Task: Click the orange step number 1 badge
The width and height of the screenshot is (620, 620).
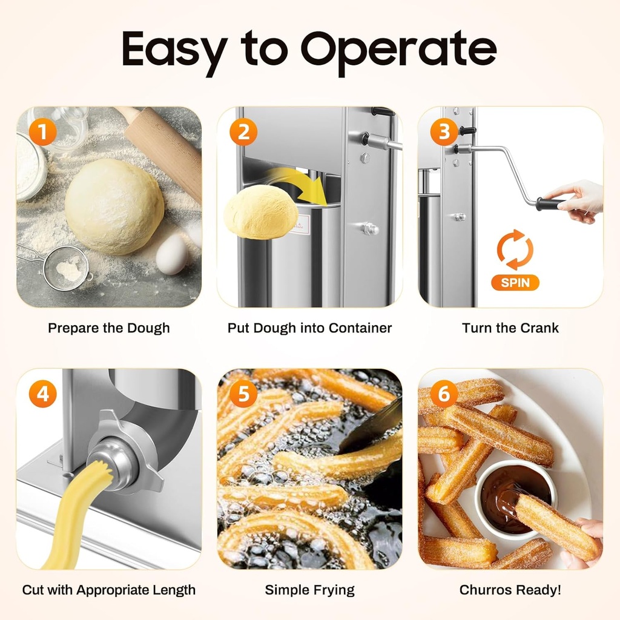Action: click(42, 133)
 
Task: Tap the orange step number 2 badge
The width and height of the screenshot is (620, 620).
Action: click(243, 133)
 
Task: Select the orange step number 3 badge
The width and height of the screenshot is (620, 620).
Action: click(444, 131)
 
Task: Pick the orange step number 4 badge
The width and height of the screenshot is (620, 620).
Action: click(43, 394)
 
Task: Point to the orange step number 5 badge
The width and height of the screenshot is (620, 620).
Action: click(243, 394)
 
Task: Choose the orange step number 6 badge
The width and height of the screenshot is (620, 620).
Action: click(444, 394)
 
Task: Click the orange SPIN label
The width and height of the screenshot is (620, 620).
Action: click(515, 283)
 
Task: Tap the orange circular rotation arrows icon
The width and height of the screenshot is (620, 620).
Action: click(515, 250)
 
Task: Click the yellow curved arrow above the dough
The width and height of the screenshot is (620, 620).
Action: click(300, 184)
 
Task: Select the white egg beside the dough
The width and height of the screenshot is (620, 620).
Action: click(171, 254)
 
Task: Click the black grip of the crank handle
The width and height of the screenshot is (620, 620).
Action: click(551, 204)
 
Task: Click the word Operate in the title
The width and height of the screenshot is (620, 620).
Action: click(398, 49)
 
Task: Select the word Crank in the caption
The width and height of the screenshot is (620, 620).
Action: click(539, 328)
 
